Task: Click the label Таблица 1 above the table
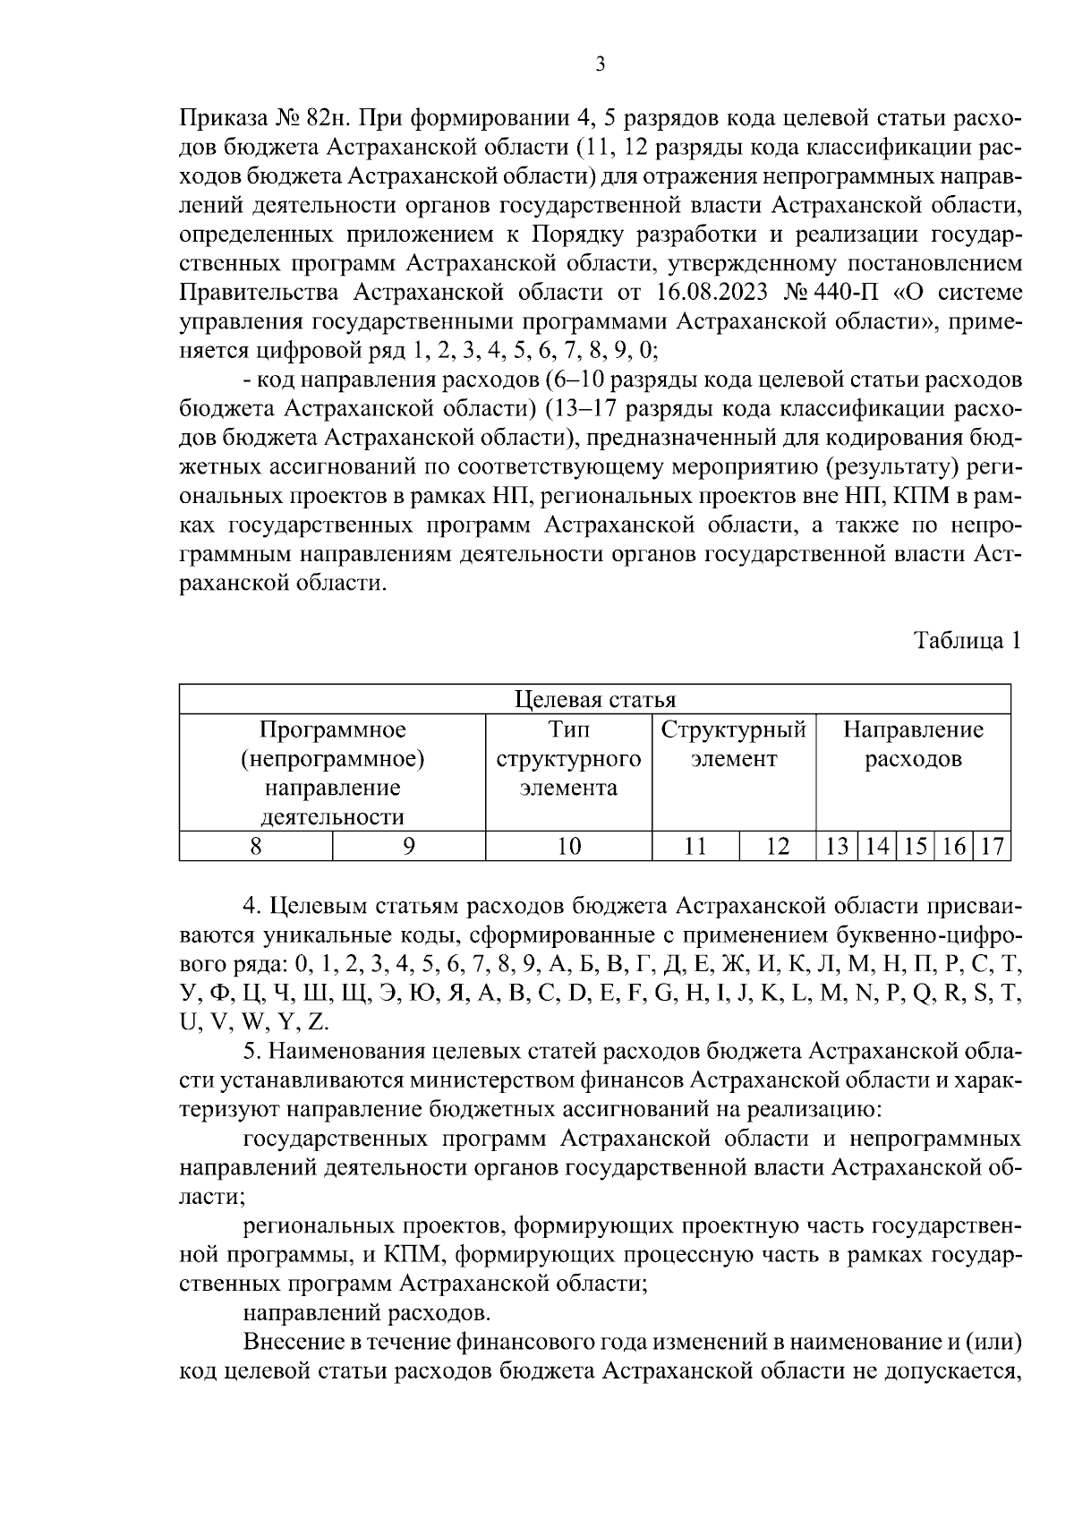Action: pyautogui.click(x=966, y=641)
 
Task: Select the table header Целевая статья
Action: pyautogui.click(x=595, y=699)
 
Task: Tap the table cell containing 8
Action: pyautogui.click(x=256, y=846)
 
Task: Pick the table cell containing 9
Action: pyautogui.click(x=409, y=846)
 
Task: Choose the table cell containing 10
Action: pyautogui.click(x=568, y=846)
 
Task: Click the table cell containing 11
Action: pyautogui.click(x=695, y=846)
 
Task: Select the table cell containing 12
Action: pyautogui.click(x=777, y=846)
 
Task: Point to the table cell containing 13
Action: pyautogui.click(x=837, y=846)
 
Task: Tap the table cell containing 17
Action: pyautogui.click(x=992, y=846)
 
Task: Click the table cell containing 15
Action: pyautogui.click(x=915, y=846)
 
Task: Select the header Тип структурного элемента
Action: pyautogui.click(x=568, y=759)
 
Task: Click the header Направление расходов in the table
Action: pyautogui.click(x=913, y=745)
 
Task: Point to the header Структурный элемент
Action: pyautogui.click(x=733, y=745)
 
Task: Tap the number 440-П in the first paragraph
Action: pyautogui.click(x=850, y=293)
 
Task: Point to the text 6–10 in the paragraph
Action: pyautogui.click(x=576, y=380)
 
